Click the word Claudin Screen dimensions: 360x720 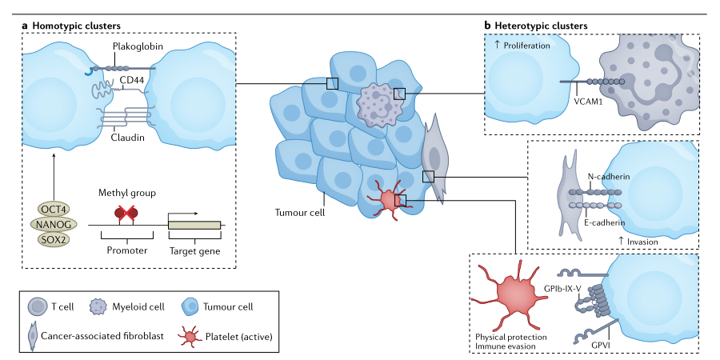click(127, 138)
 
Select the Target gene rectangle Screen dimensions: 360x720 click(194, 225)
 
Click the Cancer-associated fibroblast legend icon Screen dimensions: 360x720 click(32, 337)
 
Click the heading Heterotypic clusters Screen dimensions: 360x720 click(542, 26)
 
